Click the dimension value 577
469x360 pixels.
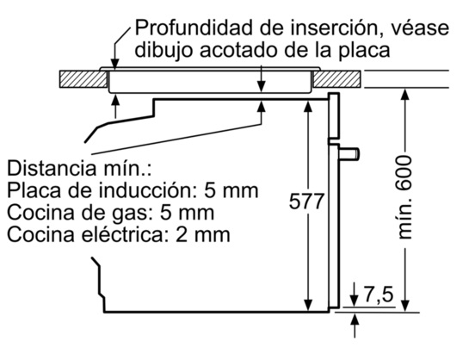(306, 201)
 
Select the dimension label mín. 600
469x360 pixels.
(404, 197)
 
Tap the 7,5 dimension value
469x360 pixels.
(378, 295)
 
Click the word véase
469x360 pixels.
(420, 28)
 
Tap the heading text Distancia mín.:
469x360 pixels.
(79, 168)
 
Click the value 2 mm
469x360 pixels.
(203, 234)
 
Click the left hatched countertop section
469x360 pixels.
(83, 79)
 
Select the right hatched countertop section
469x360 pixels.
(336, 79)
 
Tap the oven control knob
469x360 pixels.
(349, 154)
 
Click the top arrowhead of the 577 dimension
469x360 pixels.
(308, 107)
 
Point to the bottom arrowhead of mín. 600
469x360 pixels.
(404, 306)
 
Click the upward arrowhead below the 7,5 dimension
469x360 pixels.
(355, 320)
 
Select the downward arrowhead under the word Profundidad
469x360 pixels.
(114, 64)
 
